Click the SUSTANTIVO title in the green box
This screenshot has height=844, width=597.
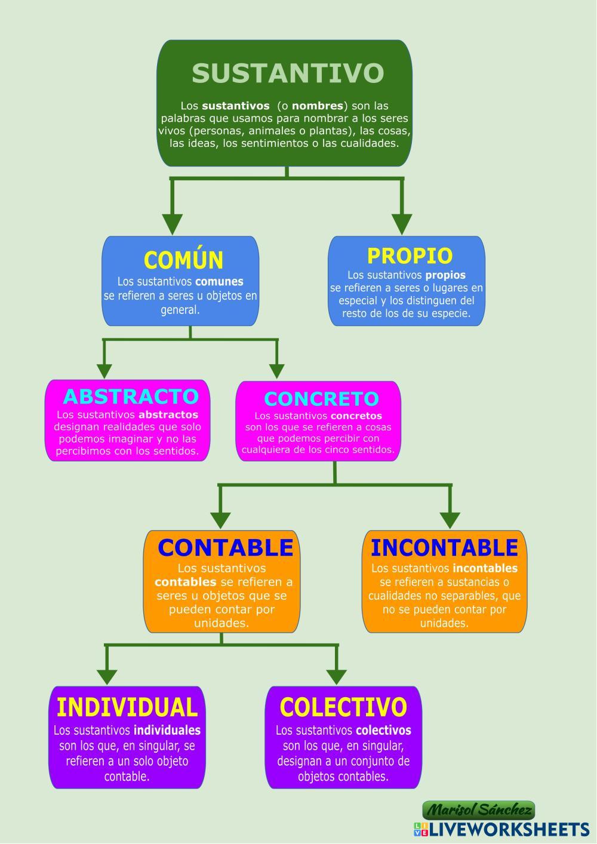click(287, 73)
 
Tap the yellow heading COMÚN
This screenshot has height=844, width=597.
click(183, 260)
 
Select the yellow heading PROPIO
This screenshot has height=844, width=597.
click(410, 255)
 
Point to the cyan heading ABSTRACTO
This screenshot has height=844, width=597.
click(131, 396)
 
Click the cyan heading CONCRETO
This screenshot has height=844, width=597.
click(321, 399)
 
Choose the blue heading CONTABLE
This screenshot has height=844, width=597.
click(226, 547)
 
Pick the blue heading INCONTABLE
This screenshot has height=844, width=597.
click(444, 547)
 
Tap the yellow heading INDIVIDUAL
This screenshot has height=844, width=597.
click(127, 707)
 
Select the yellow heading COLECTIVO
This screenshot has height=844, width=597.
click(343, 707)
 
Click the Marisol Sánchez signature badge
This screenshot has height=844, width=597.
click(479, 810)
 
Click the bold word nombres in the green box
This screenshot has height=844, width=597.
click(318, 106)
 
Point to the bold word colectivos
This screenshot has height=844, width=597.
click(383, 730)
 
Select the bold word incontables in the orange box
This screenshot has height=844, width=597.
click(485, 568)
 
